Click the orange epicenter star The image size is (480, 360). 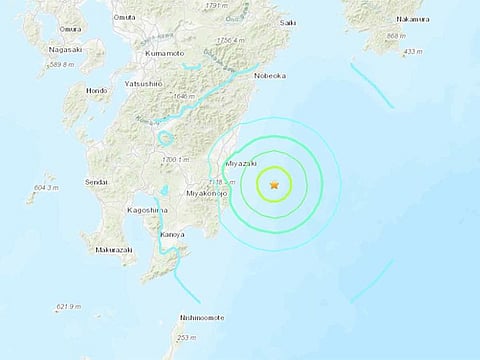click(x=274, y=183)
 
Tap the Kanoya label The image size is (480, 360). click(x=194, y=236)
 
